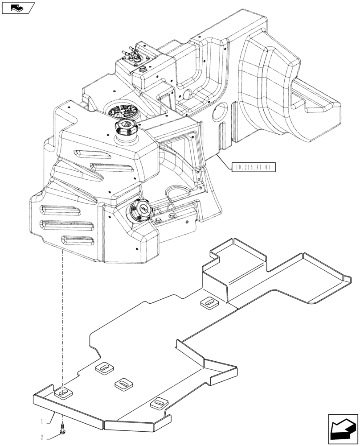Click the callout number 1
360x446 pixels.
[x=42, y=420]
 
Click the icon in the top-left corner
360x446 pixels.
[x=18, y=8]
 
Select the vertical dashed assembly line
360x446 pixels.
[x=63, y=312]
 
